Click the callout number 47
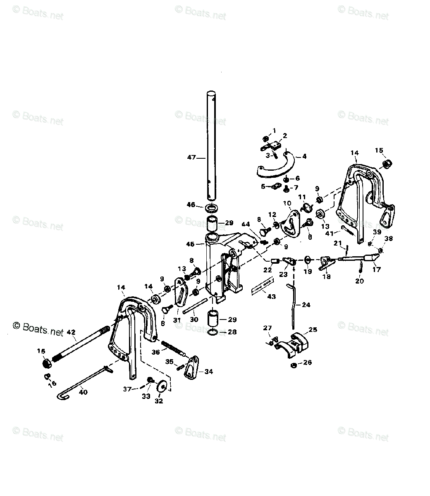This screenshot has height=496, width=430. (191, 157)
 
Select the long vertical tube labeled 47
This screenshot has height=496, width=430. (212, 145)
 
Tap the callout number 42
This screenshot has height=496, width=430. (71, 331)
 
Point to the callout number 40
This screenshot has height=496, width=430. (83, 392)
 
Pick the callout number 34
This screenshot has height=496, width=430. (208, 372)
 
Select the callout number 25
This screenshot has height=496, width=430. (313, 329)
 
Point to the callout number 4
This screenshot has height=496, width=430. (304, 156)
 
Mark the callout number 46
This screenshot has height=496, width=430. (191, 205)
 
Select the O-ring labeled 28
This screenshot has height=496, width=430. (212, 332)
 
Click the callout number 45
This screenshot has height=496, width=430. (190, 244)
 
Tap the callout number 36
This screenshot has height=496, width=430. (155, 352)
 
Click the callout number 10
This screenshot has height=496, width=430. (287, 203)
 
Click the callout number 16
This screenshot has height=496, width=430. (52, 384)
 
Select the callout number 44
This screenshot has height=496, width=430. (246, 224)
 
